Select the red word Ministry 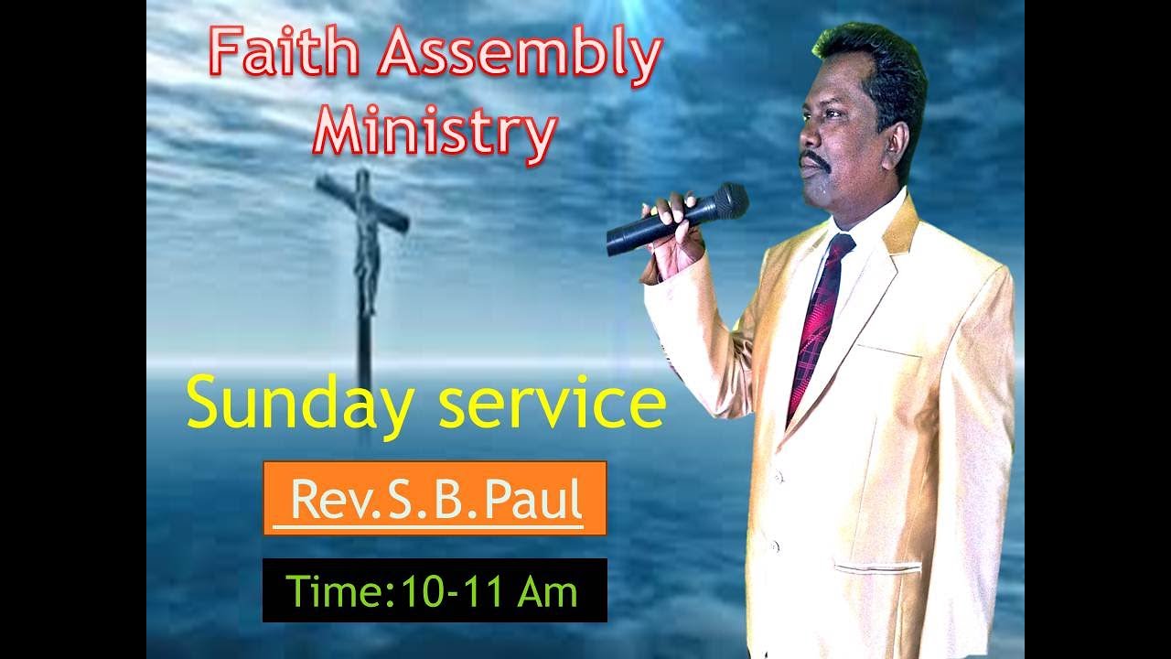[435, 133]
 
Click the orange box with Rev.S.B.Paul [435, 499]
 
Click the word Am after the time [547, 591]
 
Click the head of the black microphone [728, 202]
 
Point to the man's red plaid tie [819, 320]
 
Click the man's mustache [814, 161]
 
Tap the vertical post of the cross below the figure [366, 348]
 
